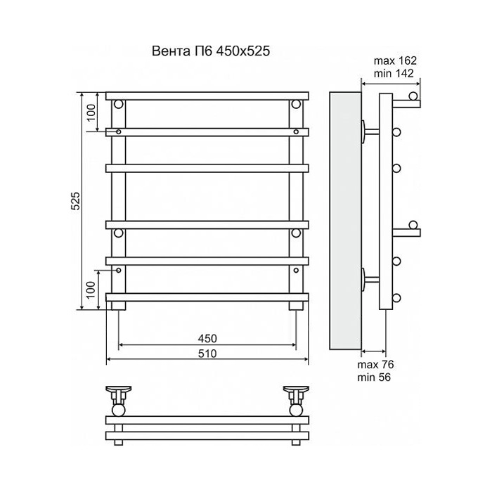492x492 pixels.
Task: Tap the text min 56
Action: point(374,377)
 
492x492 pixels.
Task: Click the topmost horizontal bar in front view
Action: point(207,95)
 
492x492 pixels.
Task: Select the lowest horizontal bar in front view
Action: point(207,297)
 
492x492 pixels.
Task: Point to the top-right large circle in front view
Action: point(297,105)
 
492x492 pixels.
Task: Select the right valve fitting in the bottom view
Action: point(297,397)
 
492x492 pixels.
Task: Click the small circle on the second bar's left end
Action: point(119,131)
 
